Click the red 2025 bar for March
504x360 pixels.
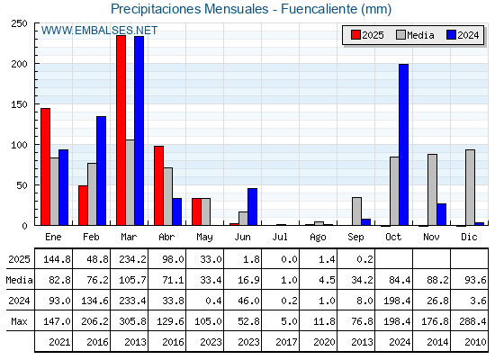pyautogui.click(x=121, y=130)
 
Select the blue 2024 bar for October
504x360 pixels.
pyautogui.click(x=404, y=145)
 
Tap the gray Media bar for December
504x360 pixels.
pyautogui.click(x=470, y=187)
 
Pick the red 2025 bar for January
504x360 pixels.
pyautogui.click(x=45, y=166)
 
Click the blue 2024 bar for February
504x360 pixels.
pyautogui.click(x=101, y=171)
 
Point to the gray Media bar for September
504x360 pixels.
pyautogui.click(x=356, y=211)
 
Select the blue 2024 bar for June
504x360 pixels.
pyautogui.click(x=252, y=207)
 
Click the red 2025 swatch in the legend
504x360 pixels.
pyautogui.click(x=355, y=35)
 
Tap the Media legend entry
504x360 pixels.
pyautogui.click(x=415, y=35)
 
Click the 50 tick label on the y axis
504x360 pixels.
pyautogui.click(x=22, y=185)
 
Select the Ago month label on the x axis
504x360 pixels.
pyautogui.click(x=318, y=238)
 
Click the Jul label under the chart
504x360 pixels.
pyautogui.click(x=280, y=237)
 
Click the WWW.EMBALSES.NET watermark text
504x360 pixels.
pyautogui.click(x=99, y=31)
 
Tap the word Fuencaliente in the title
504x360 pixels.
pyautogui.click(x=319, y=9)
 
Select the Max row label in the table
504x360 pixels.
pyautogui.click(x=19, y=321)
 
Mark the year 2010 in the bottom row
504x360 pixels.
pyautogui.click(x=475, y=342)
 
